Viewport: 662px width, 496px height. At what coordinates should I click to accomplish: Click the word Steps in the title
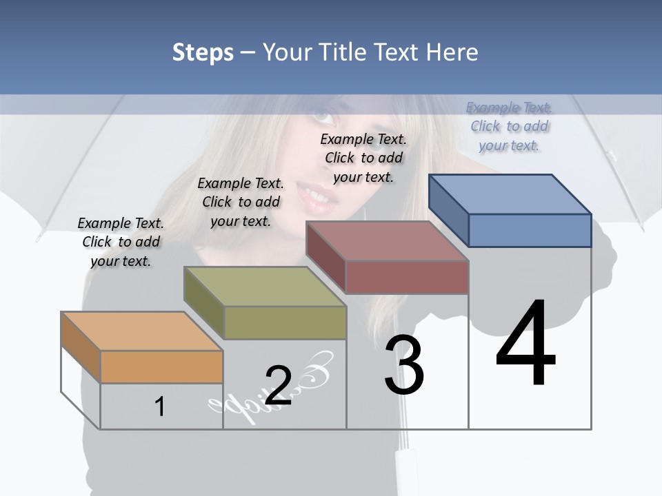[203, 52]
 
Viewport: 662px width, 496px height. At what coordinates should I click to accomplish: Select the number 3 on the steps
[404, 365]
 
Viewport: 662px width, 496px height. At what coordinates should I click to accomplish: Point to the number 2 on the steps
[279, 385]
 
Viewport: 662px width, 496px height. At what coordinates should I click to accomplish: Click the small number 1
[160, 406]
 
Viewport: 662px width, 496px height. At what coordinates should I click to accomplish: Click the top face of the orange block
[141, 331]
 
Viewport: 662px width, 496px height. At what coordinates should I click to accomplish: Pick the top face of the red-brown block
[387, 241]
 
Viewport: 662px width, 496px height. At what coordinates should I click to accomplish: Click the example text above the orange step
[121, 242]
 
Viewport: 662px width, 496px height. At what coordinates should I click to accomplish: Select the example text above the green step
[241, 202]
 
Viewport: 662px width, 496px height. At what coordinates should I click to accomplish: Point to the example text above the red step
[363, 158]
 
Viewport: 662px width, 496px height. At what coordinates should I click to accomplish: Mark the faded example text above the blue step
[510, 126]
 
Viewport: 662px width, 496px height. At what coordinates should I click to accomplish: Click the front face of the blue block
[530, 230]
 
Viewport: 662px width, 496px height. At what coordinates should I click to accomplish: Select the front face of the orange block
[161, 366]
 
